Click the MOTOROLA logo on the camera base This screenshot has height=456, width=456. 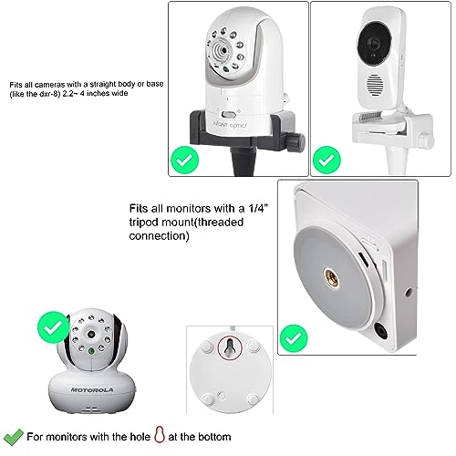(x=92, y=389)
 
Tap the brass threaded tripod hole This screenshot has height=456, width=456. (x=331, y=276)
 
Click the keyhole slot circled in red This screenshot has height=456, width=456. (x=230, y=348)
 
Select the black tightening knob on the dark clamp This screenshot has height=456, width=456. (x=296, y=140)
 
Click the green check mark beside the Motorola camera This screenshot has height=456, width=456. (x=54, y=327)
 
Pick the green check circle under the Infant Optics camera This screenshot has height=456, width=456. (x=184, y=160)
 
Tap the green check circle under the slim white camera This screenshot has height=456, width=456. (x=326, y=160)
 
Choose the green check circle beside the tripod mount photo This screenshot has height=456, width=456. (x=294, y=338)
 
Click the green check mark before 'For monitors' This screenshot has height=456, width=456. (x=13, y=437)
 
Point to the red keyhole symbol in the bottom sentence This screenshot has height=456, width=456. (x=160, y=435)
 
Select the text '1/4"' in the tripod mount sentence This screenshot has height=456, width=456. (x=258, y=208)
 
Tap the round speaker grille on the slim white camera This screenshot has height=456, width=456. (x=375, y=86)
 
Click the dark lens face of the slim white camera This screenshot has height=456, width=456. (x=374, y=43)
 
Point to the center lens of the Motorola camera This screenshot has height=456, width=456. (x=91, y=335)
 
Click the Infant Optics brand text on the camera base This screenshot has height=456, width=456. (x=230, y=125)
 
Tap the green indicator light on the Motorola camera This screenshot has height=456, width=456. (x=91, y=351)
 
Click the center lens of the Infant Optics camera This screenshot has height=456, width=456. (x=223, y=50)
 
